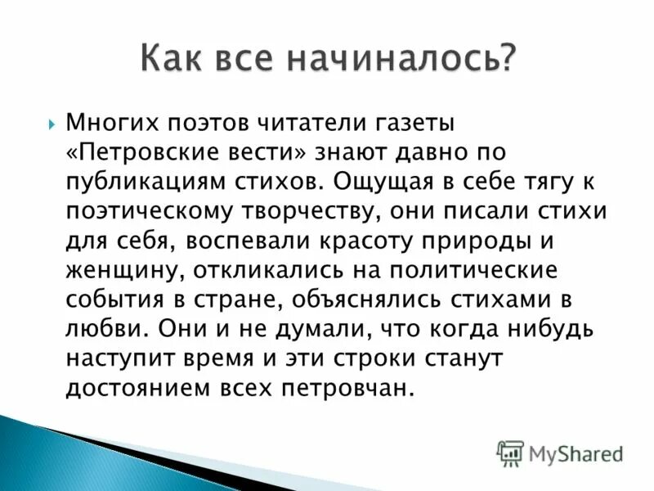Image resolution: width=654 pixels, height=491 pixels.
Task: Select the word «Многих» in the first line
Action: pos(108,124)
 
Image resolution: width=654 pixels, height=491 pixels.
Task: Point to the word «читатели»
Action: pos(299,124)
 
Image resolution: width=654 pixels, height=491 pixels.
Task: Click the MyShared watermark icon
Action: pos(510,453)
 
